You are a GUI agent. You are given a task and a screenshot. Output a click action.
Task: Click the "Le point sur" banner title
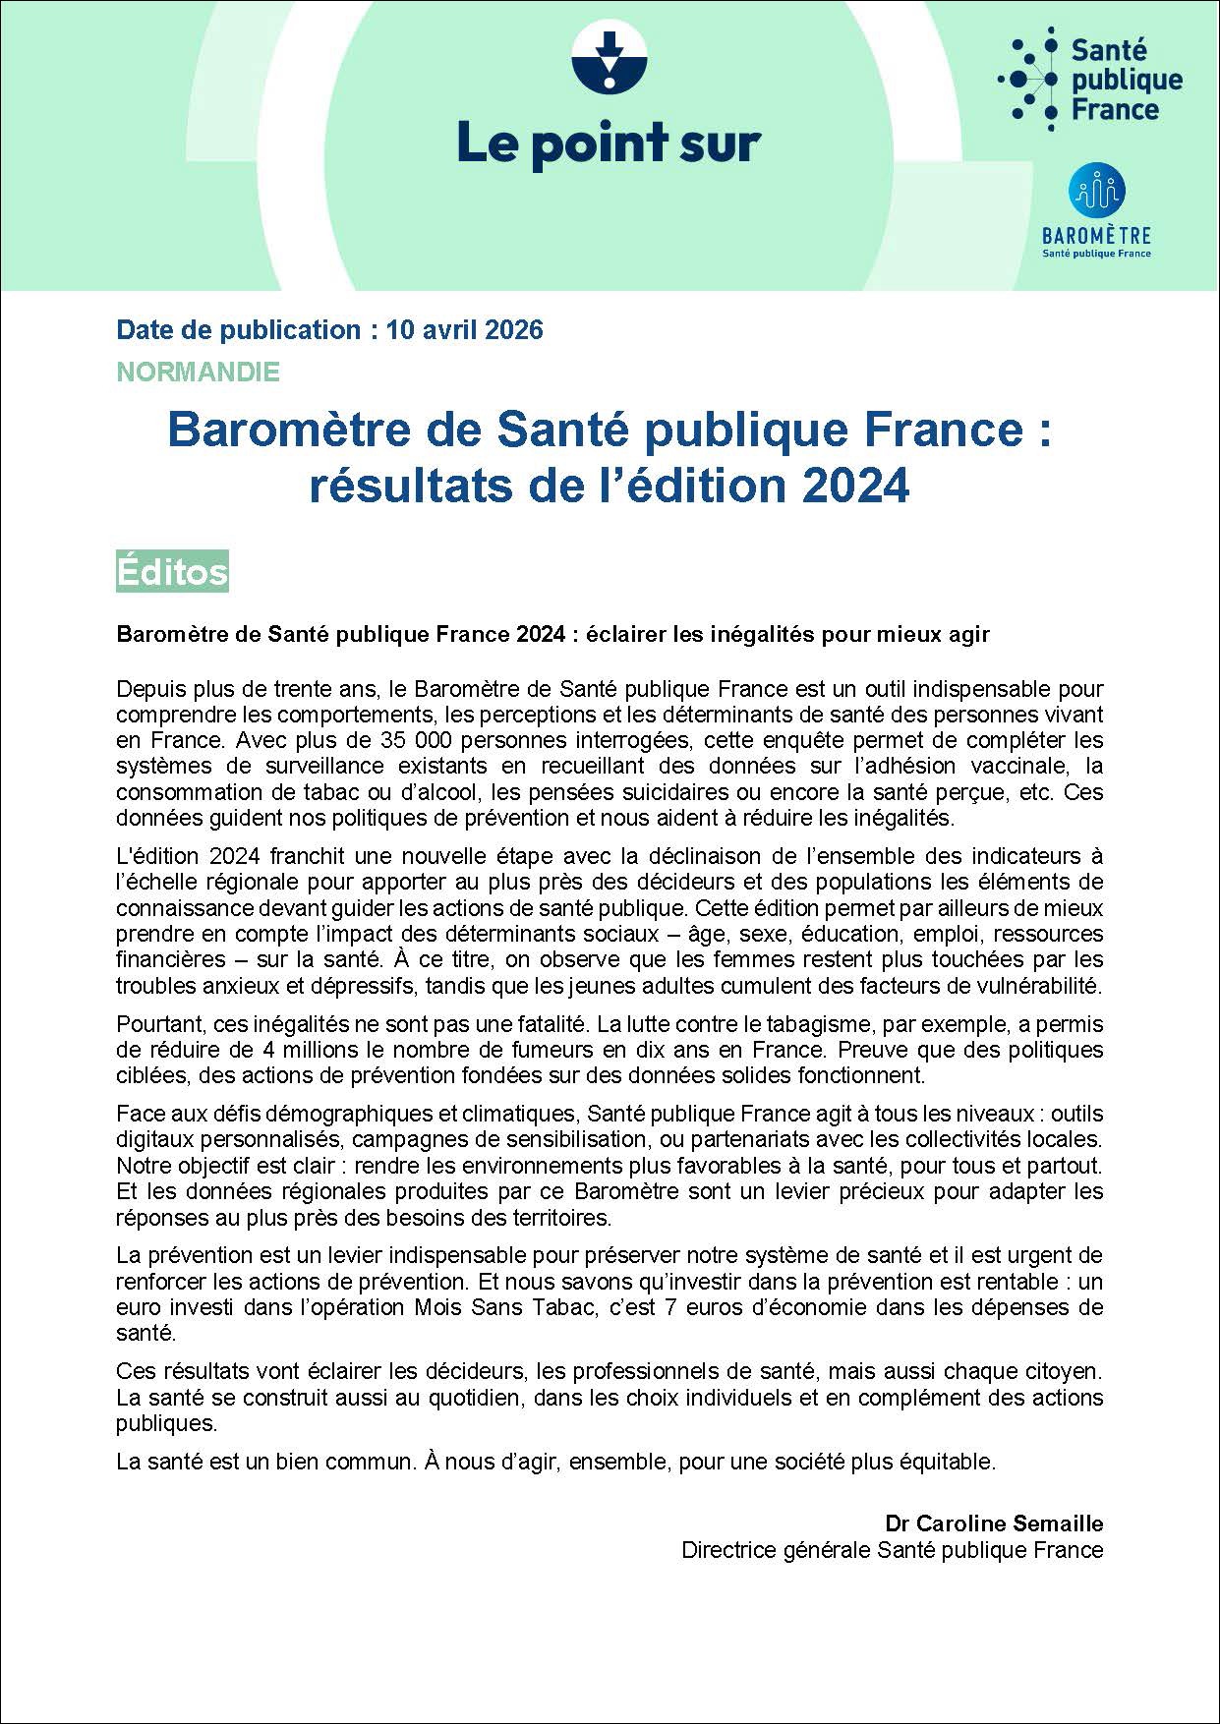click(609, 144)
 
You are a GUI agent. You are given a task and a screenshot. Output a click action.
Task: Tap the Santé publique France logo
click(1090, 79)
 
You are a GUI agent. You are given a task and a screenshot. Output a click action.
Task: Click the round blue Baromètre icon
click(1096, 192)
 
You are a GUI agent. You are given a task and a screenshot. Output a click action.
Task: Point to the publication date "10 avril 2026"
click(465, 329)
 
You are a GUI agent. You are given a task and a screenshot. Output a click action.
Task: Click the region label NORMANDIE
click(198, 373)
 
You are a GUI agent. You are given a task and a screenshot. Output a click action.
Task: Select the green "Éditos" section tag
click(172, 571)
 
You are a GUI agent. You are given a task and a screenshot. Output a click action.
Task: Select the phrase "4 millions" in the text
click(274, 1051)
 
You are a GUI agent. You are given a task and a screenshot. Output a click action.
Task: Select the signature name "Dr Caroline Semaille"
click(994, 1523)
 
